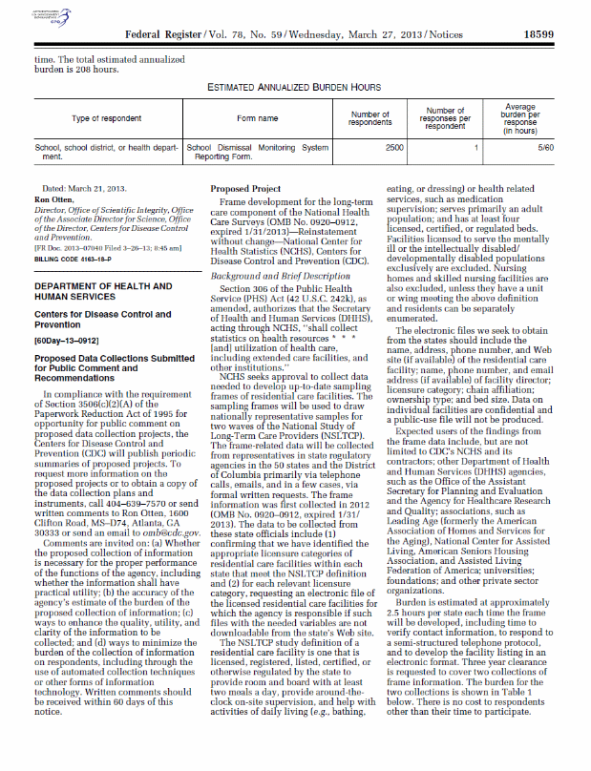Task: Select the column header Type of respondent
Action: click(101, 118)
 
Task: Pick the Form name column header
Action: click(251, 118)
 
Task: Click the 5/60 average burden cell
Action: click(545, 148)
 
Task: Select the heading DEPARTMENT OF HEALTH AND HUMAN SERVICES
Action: click(102, 264)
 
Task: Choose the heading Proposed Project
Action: click(243, 189)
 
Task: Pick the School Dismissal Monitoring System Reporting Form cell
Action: click(257, 153)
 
